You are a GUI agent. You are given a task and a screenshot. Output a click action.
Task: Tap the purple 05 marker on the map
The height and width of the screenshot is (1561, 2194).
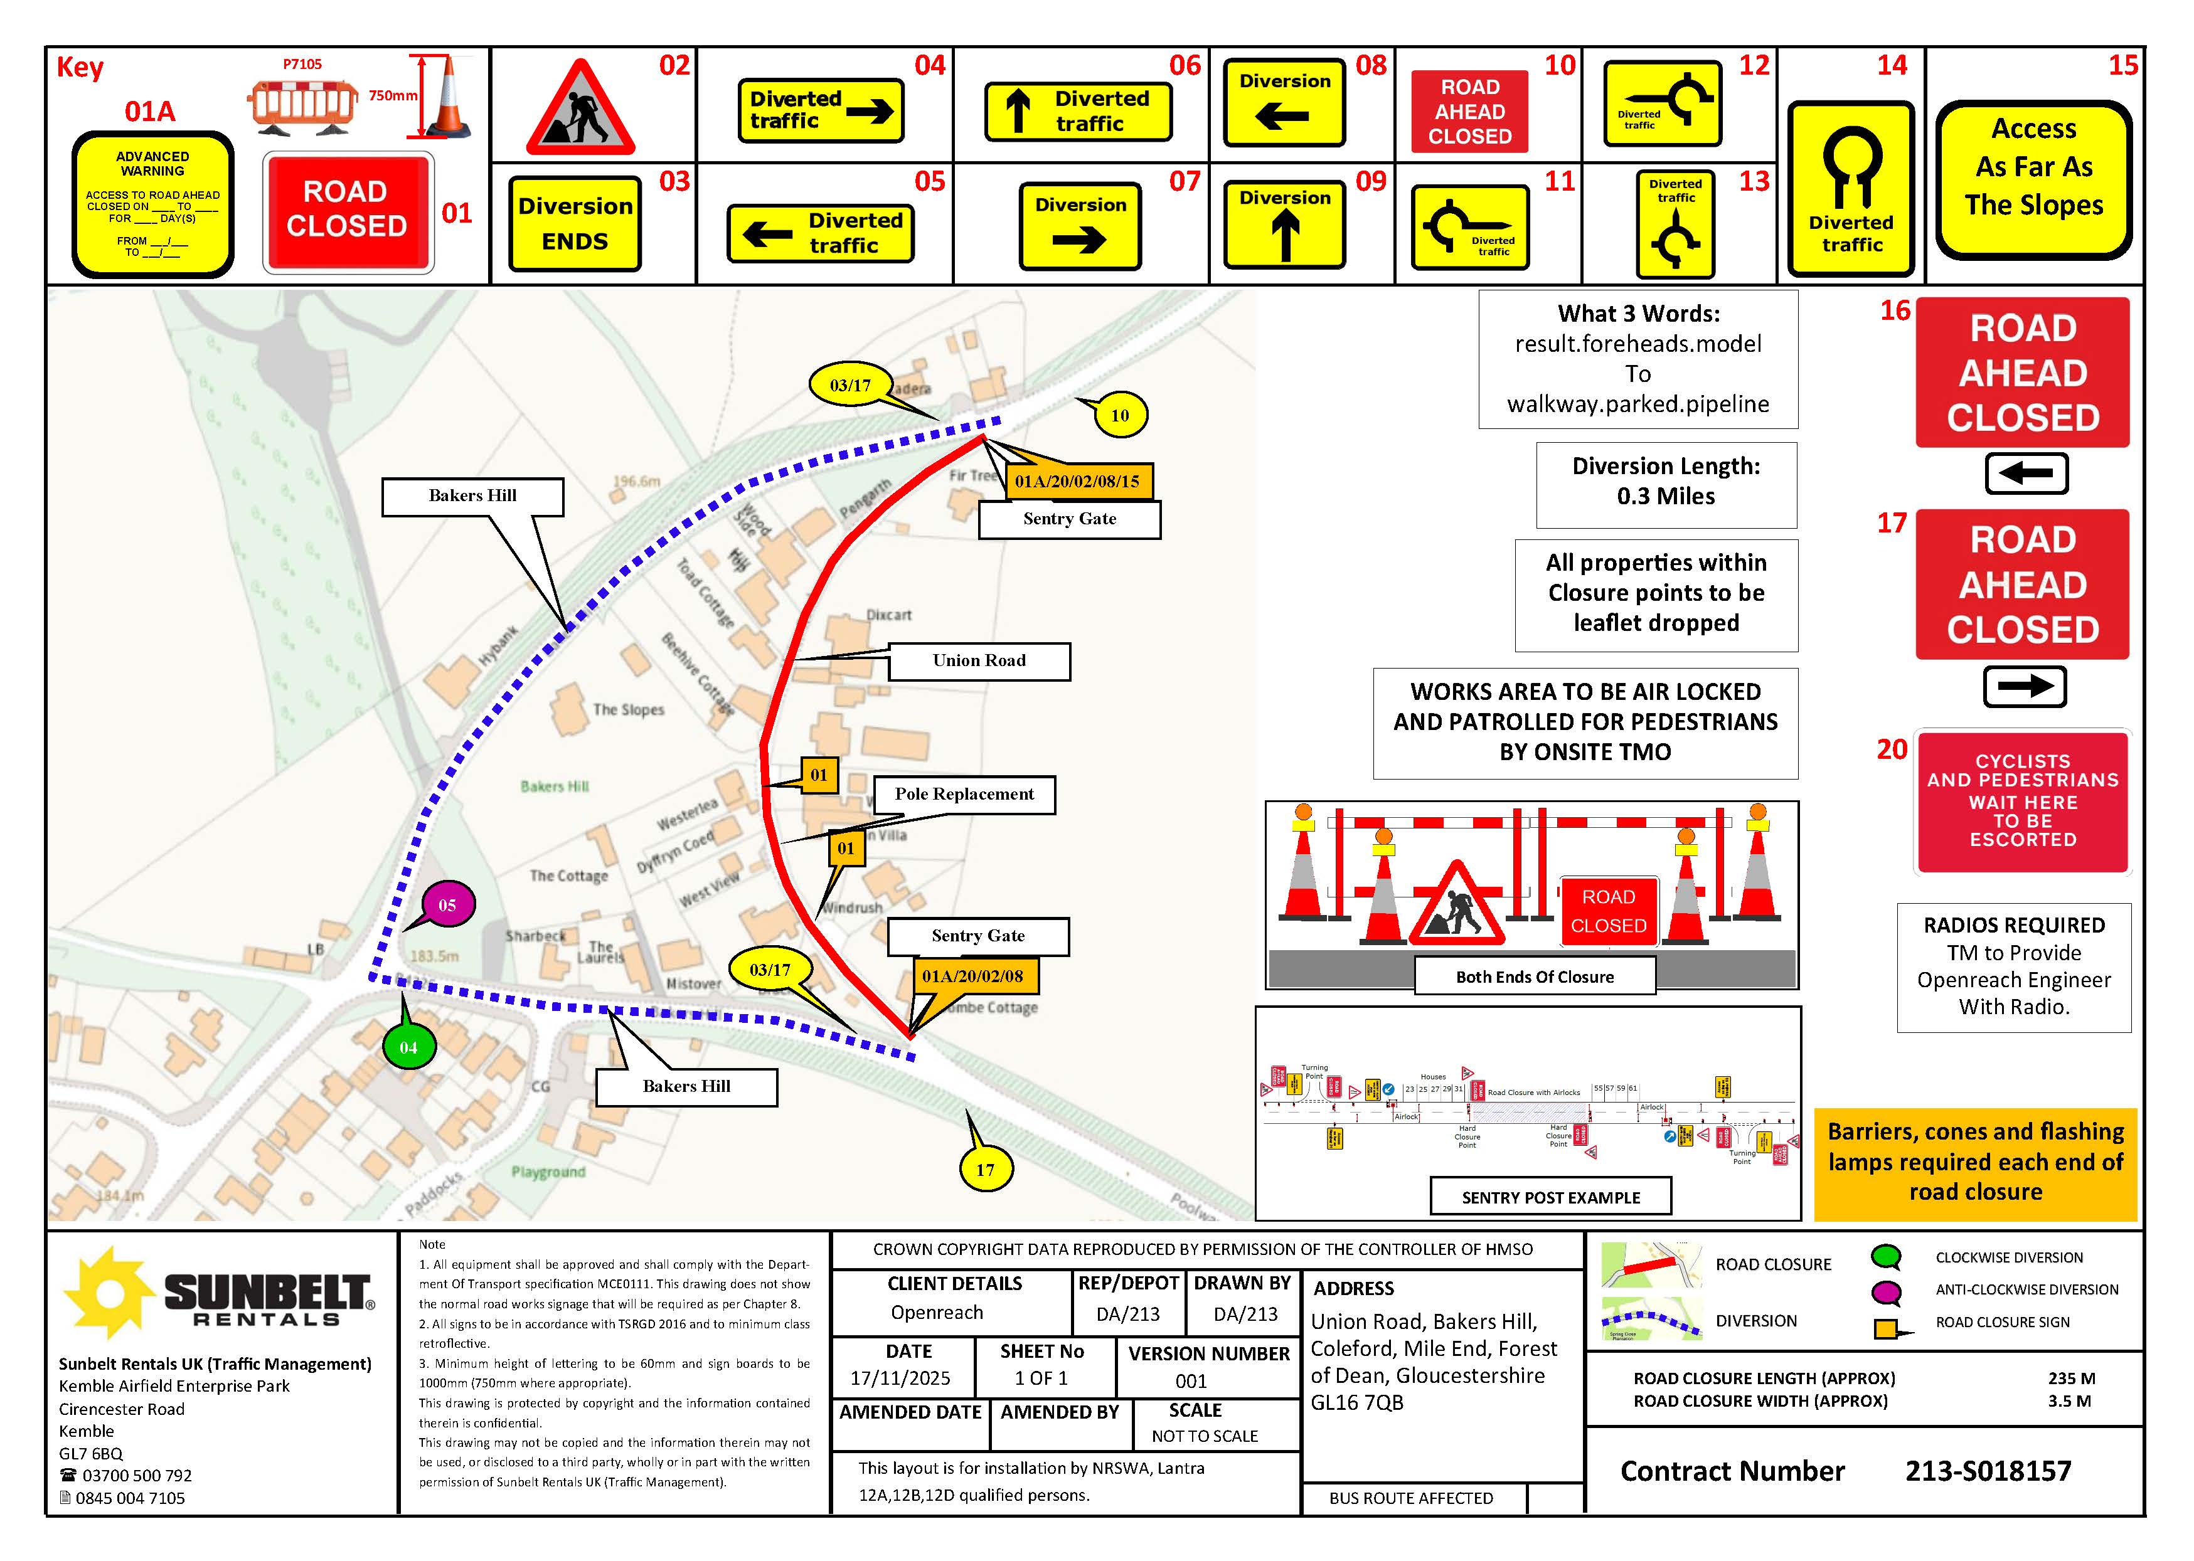tap(447, 904)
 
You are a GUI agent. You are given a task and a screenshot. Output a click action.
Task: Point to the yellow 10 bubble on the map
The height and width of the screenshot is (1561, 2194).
tap(1119, 415)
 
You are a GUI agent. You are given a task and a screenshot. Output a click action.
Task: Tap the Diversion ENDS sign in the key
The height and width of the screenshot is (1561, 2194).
tap(574, 223)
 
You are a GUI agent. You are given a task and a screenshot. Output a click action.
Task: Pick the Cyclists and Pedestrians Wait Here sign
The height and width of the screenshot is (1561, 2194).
tap(2022, 802)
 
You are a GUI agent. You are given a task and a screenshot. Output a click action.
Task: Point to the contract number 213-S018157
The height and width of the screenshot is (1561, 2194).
tap(1988, 1471)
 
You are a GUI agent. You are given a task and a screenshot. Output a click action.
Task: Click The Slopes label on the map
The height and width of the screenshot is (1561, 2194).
tap(628, 709)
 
